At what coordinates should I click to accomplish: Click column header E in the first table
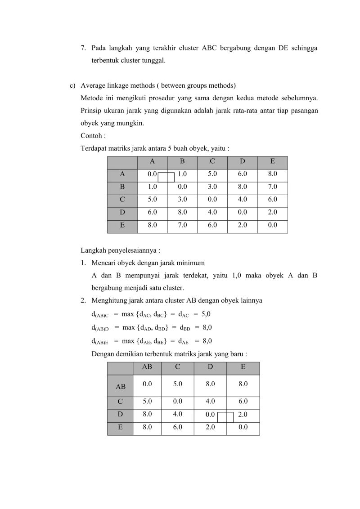click(x=272, y=161)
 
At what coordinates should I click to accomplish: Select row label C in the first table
click(x=122, y=199)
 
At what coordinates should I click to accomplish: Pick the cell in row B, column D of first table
click(x=242, y=186)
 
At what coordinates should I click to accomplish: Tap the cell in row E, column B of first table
click(x=182, y=225)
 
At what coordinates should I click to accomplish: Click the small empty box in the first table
click(x=166, y=177)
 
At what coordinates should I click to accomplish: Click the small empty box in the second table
click(x=225, y=417)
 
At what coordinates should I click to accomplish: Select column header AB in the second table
click(x=147, y=367)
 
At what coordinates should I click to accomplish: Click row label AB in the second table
click(x=121, y=386)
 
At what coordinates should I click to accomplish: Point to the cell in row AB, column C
click(x=177, y=384)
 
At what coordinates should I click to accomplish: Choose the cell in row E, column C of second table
click(x=177, y=427)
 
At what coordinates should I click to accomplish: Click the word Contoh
click(x=90, y=135)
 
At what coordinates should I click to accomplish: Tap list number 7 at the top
click(x=83, y=48)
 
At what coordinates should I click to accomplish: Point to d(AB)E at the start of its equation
click(x=100, y=341)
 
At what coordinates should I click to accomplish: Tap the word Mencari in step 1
click(x=103, y=263)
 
